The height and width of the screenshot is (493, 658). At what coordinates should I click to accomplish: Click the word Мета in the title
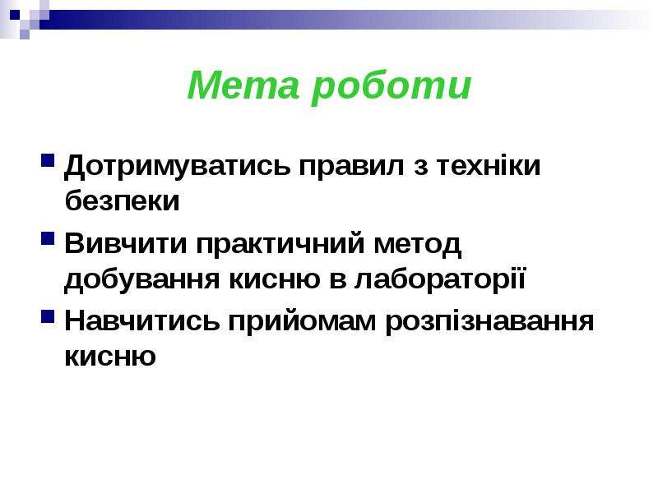point(243,85)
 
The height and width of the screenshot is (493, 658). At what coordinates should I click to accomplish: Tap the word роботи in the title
point(392,88)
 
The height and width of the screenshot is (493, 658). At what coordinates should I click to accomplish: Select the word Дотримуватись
point(177,167)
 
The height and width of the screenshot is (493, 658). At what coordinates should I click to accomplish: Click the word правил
point(352,167)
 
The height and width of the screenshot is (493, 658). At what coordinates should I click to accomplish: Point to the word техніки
point(489,165)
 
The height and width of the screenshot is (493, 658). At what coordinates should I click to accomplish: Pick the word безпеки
point(122,200)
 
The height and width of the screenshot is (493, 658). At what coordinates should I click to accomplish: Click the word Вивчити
point(126,243)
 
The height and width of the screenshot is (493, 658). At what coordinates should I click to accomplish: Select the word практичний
point(280,244)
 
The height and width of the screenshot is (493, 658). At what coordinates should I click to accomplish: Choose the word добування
point(141,279)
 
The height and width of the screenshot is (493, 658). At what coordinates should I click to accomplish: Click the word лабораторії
point(440,279)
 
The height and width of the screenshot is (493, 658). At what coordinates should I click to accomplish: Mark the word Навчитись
point(141,321)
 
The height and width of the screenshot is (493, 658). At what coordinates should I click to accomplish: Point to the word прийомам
point(302,323)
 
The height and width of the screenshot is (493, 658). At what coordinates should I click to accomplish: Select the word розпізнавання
point(489,323)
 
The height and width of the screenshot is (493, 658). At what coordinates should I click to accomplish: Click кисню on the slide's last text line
point(110,357)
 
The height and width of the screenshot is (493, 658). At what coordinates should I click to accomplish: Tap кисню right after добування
point(275,279)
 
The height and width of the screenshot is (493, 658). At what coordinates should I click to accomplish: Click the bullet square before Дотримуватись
point(48,161)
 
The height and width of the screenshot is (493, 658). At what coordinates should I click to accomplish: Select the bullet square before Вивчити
point(48,238)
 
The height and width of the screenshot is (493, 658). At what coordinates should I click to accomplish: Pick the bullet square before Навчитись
point(48,316)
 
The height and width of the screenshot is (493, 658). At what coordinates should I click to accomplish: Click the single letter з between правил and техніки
point(420,167)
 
